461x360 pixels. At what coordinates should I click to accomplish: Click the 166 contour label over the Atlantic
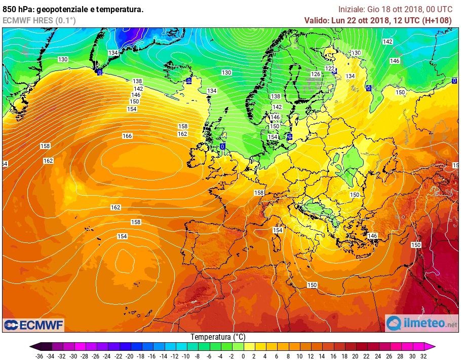(x=127, y=136)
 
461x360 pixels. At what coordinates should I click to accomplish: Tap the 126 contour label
(x=316, y=74)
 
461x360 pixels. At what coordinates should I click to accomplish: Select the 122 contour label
(x=330, y=68)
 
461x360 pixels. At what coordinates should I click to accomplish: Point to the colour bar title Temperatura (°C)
(x=218, y=337)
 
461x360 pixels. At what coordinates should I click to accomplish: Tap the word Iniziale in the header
(x=351, y=9)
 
